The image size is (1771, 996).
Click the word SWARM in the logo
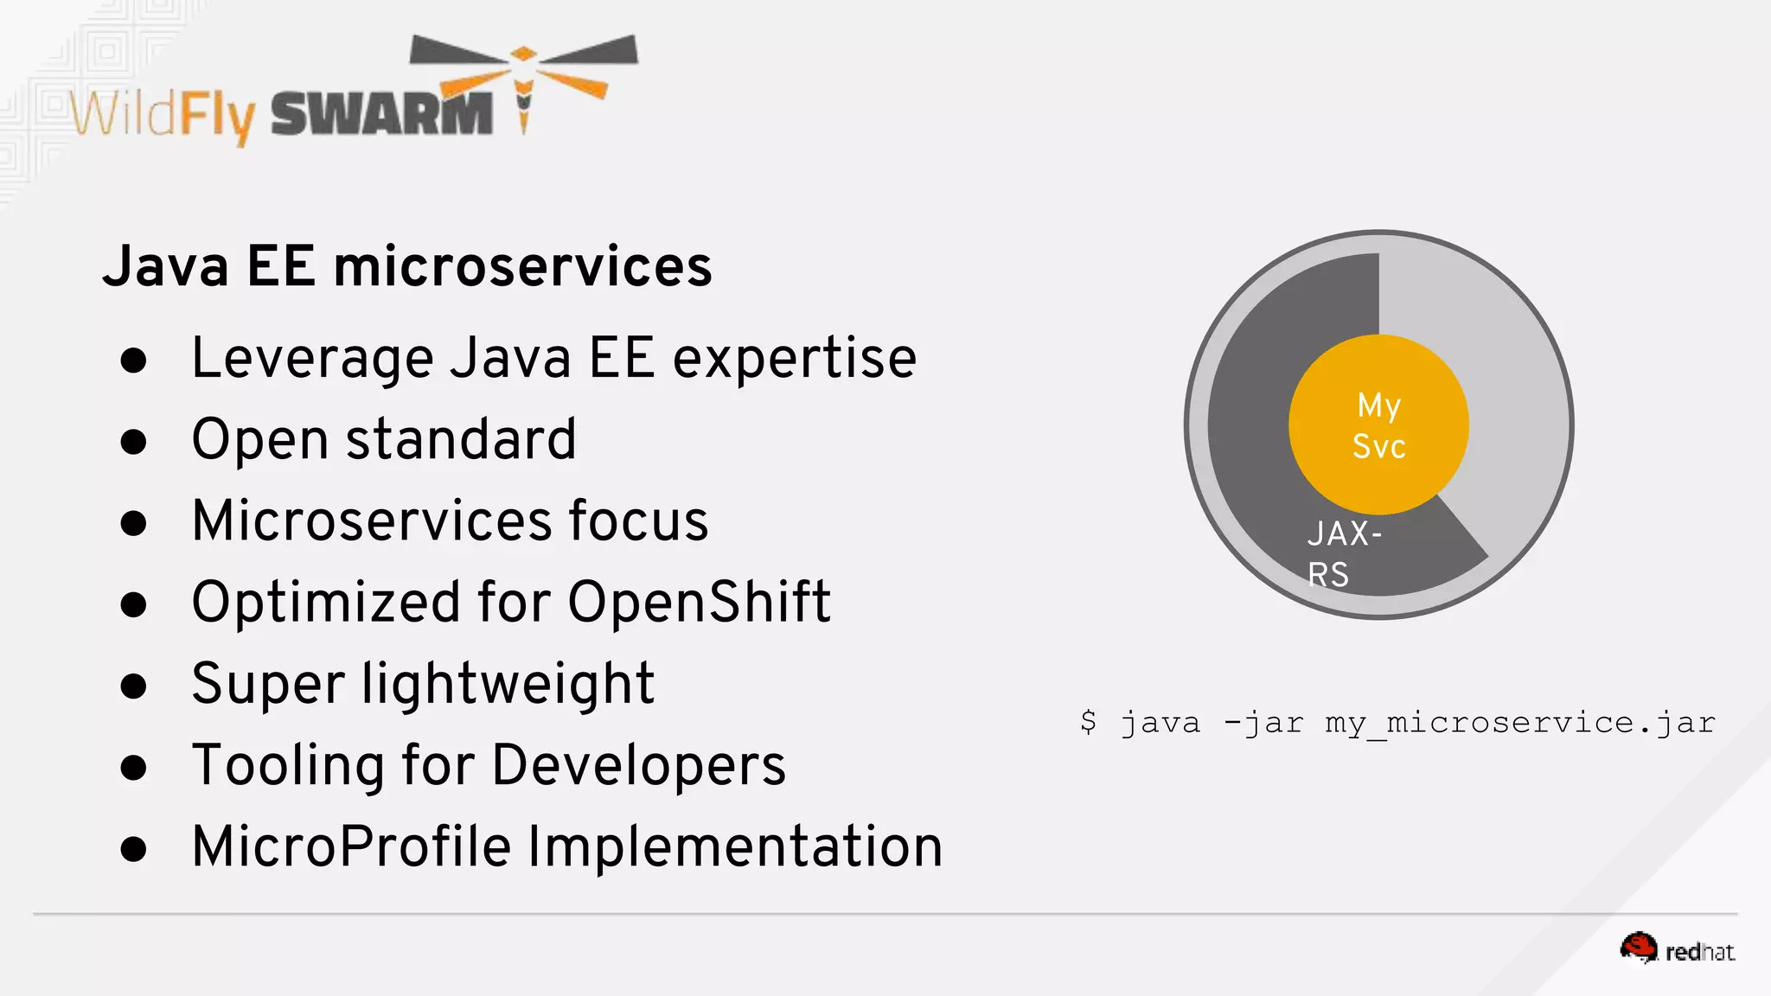pyautogui.click(x=381, y=113)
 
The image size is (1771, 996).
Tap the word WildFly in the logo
pyautogui.click(x=163, y=115)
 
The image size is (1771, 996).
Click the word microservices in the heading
pyautogui.click(x=523, y=266)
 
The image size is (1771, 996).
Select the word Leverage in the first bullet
pyautogui.click(x=312, y=359)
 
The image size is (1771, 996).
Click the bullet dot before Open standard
pyautogui.click(x=133, y=442)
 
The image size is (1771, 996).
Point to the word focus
pyautogui.click(x=638, y=520)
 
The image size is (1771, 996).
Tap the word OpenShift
pyautogui.click(x=699, y=602)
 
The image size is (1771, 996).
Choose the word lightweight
pyautogui.click(x=508, y=684)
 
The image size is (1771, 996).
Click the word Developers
pyautogui.click(x=639, y=765)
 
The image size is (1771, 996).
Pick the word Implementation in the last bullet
pyautogui.click(x=735, y=846)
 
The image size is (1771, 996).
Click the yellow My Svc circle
pyautogui.click(x=1378, y=425)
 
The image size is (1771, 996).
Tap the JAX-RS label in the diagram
pyautogui.click(x=1343, y=553)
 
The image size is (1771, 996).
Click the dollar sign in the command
pyautogui.click(x=1088, y=721)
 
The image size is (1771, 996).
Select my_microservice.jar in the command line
pyautogui.click(x=1520, y=723)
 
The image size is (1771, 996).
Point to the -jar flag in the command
pyautogui.click(x=1263, y=723)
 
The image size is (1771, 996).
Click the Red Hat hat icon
pyautogui.click(x=1638, y=948)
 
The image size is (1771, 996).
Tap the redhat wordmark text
pyautogui.click(x=1699, y=952)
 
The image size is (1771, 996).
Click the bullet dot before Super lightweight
pyautogui.click(x=133, y=686)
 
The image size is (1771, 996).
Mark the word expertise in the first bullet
pyautogui.click(x=795, y=359)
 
